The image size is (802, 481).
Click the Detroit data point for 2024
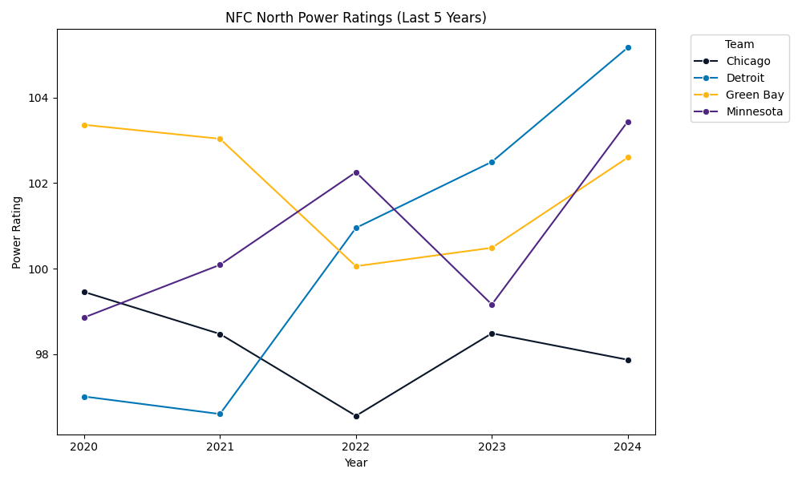pyautogui.click(x=628, y=47)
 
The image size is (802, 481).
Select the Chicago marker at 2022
pyautogui.click(x=356, y=416)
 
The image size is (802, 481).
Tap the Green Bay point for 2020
pyautogui.click(x=84, y=125)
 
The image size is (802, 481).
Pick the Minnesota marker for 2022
pyautogui.click(x=356, y=172)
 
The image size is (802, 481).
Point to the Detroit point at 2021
pyautogui.click(x=220, y=414)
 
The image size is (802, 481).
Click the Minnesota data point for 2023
pyautogui.click(x=492, y=305)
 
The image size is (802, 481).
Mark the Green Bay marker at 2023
pyautogui.click(x=492, y=248)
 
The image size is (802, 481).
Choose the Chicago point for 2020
pyautogui.click(x=84, y=292)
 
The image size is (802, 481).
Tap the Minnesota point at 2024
pyautogui.click(x=628, y=122)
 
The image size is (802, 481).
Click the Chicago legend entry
pyautogui.click(x=747, y=61)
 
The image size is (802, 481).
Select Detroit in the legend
pyautogui.click(x=744, y=78)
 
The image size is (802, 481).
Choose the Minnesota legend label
pyautogui.click(x=754, y=111)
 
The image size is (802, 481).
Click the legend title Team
pyautogui.click(x=739, y=45)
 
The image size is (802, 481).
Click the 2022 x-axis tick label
pyautogui.click(x=356, y=447)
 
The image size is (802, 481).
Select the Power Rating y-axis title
pyautogui.click(x=17, y=232)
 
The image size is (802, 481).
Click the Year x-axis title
pyautogui.click(x=356, y=463)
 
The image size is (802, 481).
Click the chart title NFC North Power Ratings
pyautogui.click(x=356, y=18)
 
